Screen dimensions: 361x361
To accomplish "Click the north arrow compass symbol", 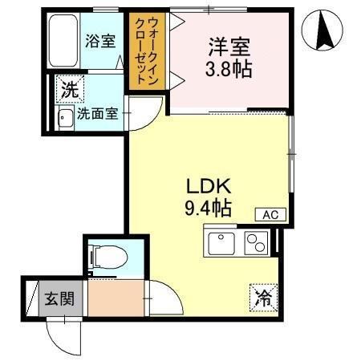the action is point(322,30).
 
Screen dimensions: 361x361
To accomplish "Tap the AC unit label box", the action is point(270,214).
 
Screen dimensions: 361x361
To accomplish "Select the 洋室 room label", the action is point(229,47).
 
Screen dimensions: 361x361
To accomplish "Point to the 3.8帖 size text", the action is point(229,69).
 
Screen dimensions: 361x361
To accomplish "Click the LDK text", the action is point(209,186).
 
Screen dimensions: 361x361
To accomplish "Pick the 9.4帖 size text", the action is point(208,209).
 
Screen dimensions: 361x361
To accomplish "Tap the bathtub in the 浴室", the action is point(63,41).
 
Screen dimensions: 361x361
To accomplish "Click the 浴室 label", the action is point(100,42).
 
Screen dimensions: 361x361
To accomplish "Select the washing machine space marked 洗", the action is point(70,89).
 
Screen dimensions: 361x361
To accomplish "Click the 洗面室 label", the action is point(97,114).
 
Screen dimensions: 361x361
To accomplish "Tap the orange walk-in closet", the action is point(147,51).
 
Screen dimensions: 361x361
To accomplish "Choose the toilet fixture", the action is point(107,258).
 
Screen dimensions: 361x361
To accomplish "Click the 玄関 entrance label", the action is point(59,298).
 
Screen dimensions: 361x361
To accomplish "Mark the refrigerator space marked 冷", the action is point(263,298).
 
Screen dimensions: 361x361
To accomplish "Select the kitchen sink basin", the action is point(221,243).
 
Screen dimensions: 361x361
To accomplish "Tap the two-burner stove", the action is point(256,243).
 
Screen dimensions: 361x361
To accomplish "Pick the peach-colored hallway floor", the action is point(116,298).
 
